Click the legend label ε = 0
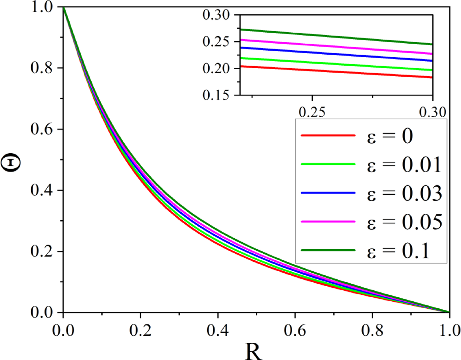click(x=390, y=136)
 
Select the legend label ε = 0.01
click(x=404, y=165)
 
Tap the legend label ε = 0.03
click(x=404, y=193)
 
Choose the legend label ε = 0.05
click(x=404, y=222)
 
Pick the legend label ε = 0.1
click(x=398, y=251)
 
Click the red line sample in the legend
click(x=328, y=136)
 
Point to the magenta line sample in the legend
click(x=328, y=222)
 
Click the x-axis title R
click(x=253, y=351)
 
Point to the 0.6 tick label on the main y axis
click(x=41, y=129)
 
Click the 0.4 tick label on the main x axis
click(x=218, y=330)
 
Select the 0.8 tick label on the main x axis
click(x=372, y=330)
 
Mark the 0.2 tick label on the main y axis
click(x=41, y=251)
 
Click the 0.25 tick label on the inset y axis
click(x=216, y=41)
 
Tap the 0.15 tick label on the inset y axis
click(x=216, y=95)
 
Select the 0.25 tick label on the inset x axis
click(x=312, y=112)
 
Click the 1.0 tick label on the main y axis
click(x=41, y=7)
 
